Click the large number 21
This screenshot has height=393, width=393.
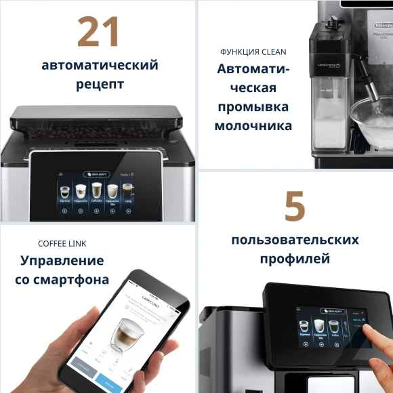click(99, 32)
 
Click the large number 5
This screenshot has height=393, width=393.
click(295, 207)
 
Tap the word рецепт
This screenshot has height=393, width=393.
click(100, 85)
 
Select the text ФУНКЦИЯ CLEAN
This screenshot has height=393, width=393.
click(253, 51)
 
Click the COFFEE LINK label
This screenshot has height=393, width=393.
click(62, 243)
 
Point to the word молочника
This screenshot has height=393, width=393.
click(253, 126)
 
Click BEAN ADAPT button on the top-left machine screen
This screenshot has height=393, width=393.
click(96, 174)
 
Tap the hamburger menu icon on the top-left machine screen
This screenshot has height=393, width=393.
click(61, 174)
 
